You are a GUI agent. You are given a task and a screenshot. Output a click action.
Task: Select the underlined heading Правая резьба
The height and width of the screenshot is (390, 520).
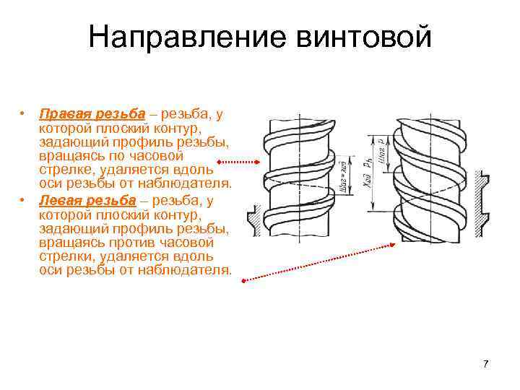pos(92,114)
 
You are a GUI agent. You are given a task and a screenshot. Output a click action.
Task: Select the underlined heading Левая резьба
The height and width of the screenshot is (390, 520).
pos(87,201)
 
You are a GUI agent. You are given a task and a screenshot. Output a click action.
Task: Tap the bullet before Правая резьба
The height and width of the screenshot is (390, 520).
pos(24,114)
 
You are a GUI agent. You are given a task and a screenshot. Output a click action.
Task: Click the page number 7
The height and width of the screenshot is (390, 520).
pos(486,363)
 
